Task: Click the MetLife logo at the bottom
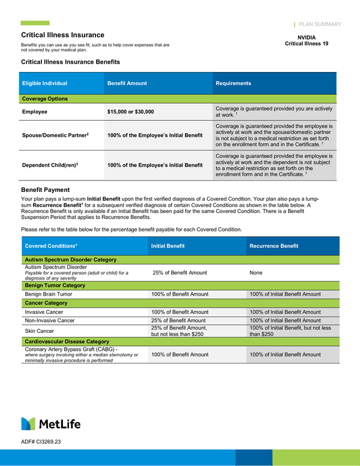tap(50, 424)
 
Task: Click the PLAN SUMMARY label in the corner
tap(320, 25)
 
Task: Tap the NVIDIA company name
tap(306, 37)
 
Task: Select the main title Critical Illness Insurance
tap(62, 35)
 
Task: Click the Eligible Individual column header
tap(44, 83)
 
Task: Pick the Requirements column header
tap(233, 83)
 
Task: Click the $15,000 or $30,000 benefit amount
tap(130, 112)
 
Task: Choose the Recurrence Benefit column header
tap(274, 246)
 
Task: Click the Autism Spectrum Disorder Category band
tap(70, 260)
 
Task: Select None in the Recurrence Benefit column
tap(256, 273)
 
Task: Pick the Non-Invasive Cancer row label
tap(50, 320)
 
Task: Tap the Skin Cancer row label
tap(39, 331)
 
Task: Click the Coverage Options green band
tap(45, 98)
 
